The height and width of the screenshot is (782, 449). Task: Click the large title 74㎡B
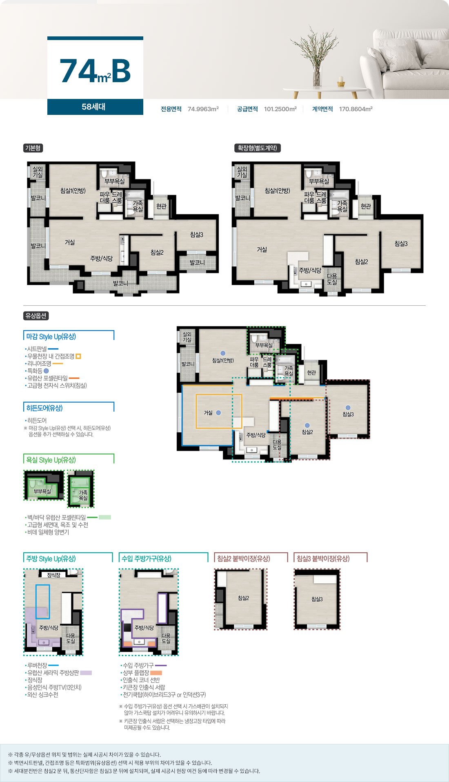[x=95, y=71]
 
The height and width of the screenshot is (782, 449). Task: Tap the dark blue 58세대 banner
[x=95, y=107]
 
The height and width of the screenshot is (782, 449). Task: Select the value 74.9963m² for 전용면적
[x=203, y=109]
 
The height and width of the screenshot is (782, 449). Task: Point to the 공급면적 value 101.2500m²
[x=280, y=109]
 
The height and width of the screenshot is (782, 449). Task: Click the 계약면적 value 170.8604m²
[x=356, y=109]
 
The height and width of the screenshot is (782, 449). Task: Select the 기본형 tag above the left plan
[x=33, y=148]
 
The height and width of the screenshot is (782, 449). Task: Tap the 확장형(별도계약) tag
[x=258, y=148]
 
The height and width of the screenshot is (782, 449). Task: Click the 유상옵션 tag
[x=36, y=316]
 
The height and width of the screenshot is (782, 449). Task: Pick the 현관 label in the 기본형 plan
[x=162, y=206]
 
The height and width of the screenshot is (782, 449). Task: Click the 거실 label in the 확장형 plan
[x=262, y=249]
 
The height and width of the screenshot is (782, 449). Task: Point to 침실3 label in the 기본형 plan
[x=196, y=235]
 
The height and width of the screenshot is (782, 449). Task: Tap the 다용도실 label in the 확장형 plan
[x=332, y=279]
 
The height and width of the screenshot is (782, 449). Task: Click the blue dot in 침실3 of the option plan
[x=348, y=408]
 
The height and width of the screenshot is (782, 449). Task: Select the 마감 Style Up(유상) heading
[x=51, y=336]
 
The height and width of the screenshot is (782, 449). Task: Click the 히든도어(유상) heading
[x=44, y=408]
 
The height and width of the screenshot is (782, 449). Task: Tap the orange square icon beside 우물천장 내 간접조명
[x=78, y=356]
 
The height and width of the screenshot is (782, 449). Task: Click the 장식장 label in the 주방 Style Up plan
[x=53, y=575]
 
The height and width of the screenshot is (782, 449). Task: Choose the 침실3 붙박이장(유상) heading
[x=323, y=558]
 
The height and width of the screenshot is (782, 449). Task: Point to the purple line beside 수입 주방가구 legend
[x=161, y=665]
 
